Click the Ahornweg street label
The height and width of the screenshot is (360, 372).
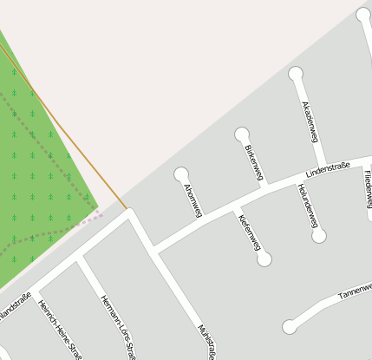[192, 200]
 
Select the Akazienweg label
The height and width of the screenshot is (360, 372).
[310, 121]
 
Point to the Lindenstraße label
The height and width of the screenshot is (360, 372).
[327, 164]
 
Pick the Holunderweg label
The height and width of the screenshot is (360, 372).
[307, 206]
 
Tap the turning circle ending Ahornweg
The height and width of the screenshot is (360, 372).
[181, 174]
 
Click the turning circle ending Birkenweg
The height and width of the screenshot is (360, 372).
[242, 134]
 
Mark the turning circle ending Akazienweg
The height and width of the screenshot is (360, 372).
[296, 74]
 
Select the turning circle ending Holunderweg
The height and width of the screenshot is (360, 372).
[319, 235]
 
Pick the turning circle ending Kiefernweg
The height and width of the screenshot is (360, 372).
[264, 259]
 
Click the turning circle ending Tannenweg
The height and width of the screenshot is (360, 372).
[290, 327]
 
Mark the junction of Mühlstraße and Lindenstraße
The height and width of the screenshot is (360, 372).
[154, 249]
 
